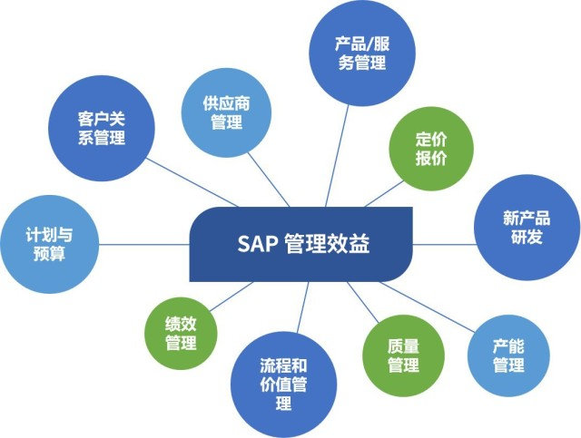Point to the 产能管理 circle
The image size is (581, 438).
[508, 355]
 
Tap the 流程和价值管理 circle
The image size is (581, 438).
[282, 385]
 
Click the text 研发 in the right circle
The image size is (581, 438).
[526, 238]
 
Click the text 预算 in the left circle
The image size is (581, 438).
[49, 254]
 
